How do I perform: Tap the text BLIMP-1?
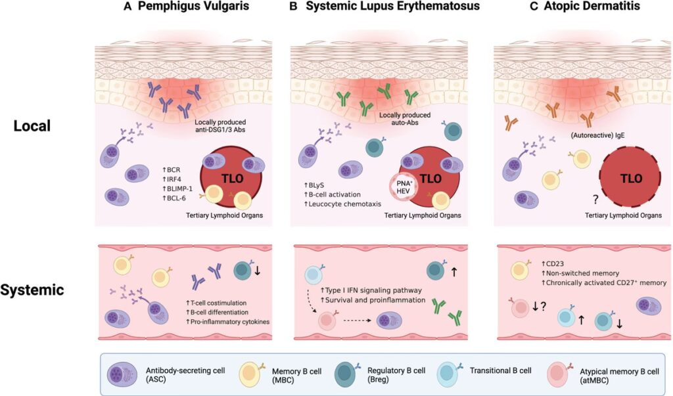[181, 186]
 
